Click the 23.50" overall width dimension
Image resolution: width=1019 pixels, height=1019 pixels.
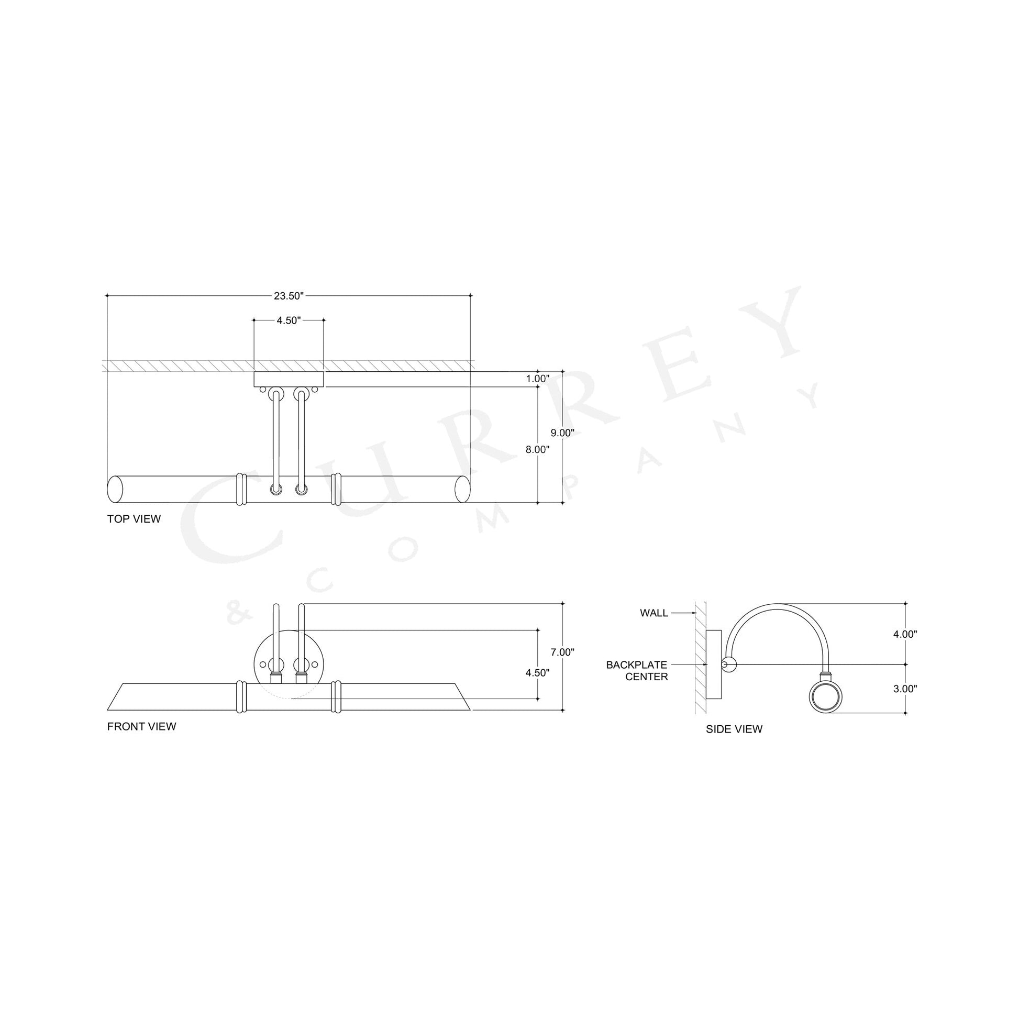[x=289, y=296]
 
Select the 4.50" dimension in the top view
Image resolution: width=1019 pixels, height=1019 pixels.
[x=289, y=320]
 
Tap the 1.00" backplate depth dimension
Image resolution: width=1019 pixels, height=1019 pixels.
[x=537, y=378]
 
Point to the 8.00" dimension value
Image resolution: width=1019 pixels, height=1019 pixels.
[x=537, y=449]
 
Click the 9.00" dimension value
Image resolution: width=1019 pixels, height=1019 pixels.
[x=563, y=433]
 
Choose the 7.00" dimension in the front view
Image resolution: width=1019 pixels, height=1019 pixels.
[x=563, y=652]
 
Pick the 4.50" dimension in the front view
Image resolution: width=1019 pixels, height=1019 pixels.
[x=537, y=672]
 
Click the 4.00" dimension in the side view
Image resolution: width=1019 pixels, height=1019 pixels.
[x=905, y=634]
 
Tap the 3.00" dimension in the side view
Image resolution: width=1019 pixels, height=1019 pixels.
[x=905, y=688]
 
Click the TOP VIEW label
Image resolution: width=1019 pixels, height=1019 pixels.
[x=134, y=519]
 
